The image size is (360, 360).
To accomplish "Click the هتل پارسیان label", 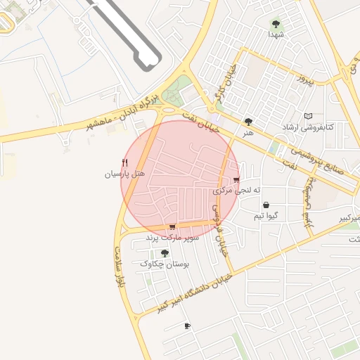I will click(x=124, y=173).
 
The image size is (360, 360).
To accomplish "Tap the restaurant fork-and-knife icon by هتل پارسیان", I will click(x=125, y=163).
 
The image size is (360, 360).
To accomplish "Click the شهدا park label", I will click(x=275, y=34).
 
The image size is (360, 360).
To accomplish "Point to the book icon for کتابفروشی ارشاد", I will click(x=307, y=116).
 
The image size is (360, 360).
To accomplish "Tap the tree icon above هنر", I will click(x=248, y=122).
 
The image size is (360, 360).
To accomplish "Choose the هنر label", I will click(x=247, y=131).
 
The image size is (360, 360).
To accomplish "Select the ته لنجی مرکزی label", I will click(x=237, y=191).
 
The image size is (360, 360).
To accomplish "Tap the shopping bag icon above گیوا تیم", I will click(x=265, y=205).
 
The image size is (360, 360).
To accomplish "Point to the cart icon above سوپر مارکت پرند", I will click(x=172, y=227).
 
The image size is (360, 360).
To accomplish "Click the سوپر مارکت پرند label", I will click(x=173, y=238).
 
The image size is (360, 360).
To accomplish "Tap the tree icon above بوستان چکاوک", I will click(x=165, y=253).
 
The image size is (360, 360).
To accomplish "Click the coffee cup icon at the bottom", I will click(x=187, y=326).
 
